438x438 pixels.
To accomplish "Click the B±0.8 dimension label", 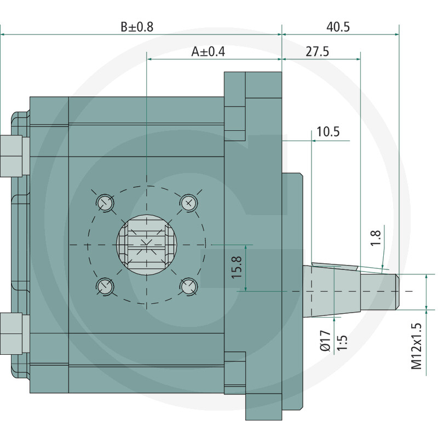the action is point(137,27).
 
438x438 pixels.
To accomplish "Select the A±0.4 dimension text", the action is point(208,51).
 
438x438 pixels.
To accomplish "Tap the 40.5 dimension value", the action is point(338,27).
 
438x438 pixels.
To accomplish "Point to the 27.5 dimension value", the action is point(318,51).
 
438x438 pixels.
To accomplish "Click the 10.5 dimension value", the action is point(328,131).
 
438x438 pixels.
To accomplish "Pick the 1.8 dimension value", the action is point(376,238).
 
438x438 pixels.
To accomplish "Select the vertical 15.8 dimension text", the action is point(237,267).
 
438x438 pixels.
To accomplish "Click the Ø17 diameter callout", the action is point(325,341).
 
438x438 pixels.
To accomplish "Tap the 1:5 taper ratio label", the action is point(342,343).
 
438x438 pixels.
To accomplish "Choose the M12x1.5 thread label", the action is point(416,346).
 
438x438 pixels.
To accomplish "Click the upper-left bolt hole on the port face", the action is point(105,202).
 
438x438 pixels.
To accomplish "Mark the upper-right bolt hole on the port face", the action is point(188,202).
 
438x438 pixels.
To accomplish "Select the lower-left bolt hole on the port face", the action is point(105,286).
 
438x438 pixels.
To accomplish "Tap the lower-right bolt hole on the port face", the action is point(188,286).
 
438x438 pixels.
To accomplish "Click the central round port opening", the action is point(147,244).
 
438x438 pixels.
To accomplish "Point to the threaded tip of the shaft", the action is point(379,292).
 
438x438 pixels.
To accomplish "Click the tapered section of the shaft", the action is point(332,291).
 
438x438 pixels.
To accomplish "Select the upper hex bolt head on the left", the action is point(15,156).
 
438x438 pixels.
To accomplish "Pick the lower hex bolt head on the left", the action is point(15,333).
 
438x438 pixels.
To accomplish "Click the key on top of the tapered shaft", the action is point(335,266).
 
